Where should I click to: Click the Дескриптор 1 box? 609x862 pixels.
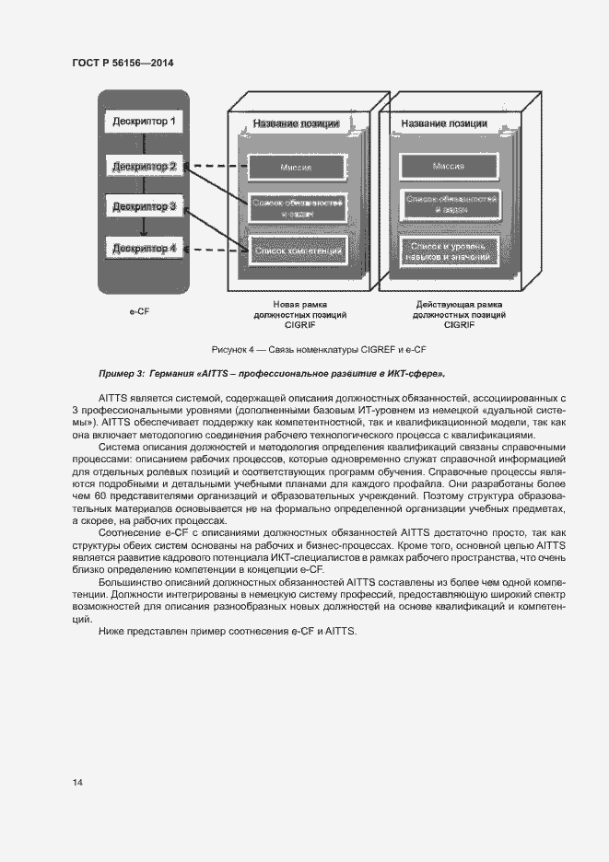pyautogui.click(x=144, y=122)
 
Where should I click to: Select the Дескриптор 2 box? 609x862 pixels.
pyautogui.click(x=144, y=167)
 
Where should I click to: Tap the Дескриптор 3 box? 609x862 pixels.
pyautogui.click(x=144, y=207)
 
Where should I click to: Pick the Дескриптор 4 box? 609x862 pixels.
pyautogui.click(x=144, y=248)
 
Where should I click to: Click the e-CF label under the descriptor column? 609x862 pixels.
pyautogui.click(x=139, y=312)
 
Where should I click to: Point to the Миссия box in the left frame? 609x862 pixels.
pyautogui.click(x=297, y=167)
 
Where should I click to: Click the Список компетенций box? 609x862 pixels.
pyautogui.click(x=297, y=250)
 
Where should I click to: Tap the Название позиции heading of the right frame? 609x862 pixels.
pyautogui.click(x=445, y=124)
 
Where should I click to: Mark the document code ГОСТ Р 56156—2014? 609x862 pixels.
pyautogui.click(x=123, y=63)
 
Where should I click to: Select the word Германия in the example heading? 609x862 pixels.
pyautogui.click(x=173, y=374)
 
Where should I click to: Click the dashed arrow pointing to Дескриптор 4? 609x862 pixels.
pyautogui.click(x=217, y=248)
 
